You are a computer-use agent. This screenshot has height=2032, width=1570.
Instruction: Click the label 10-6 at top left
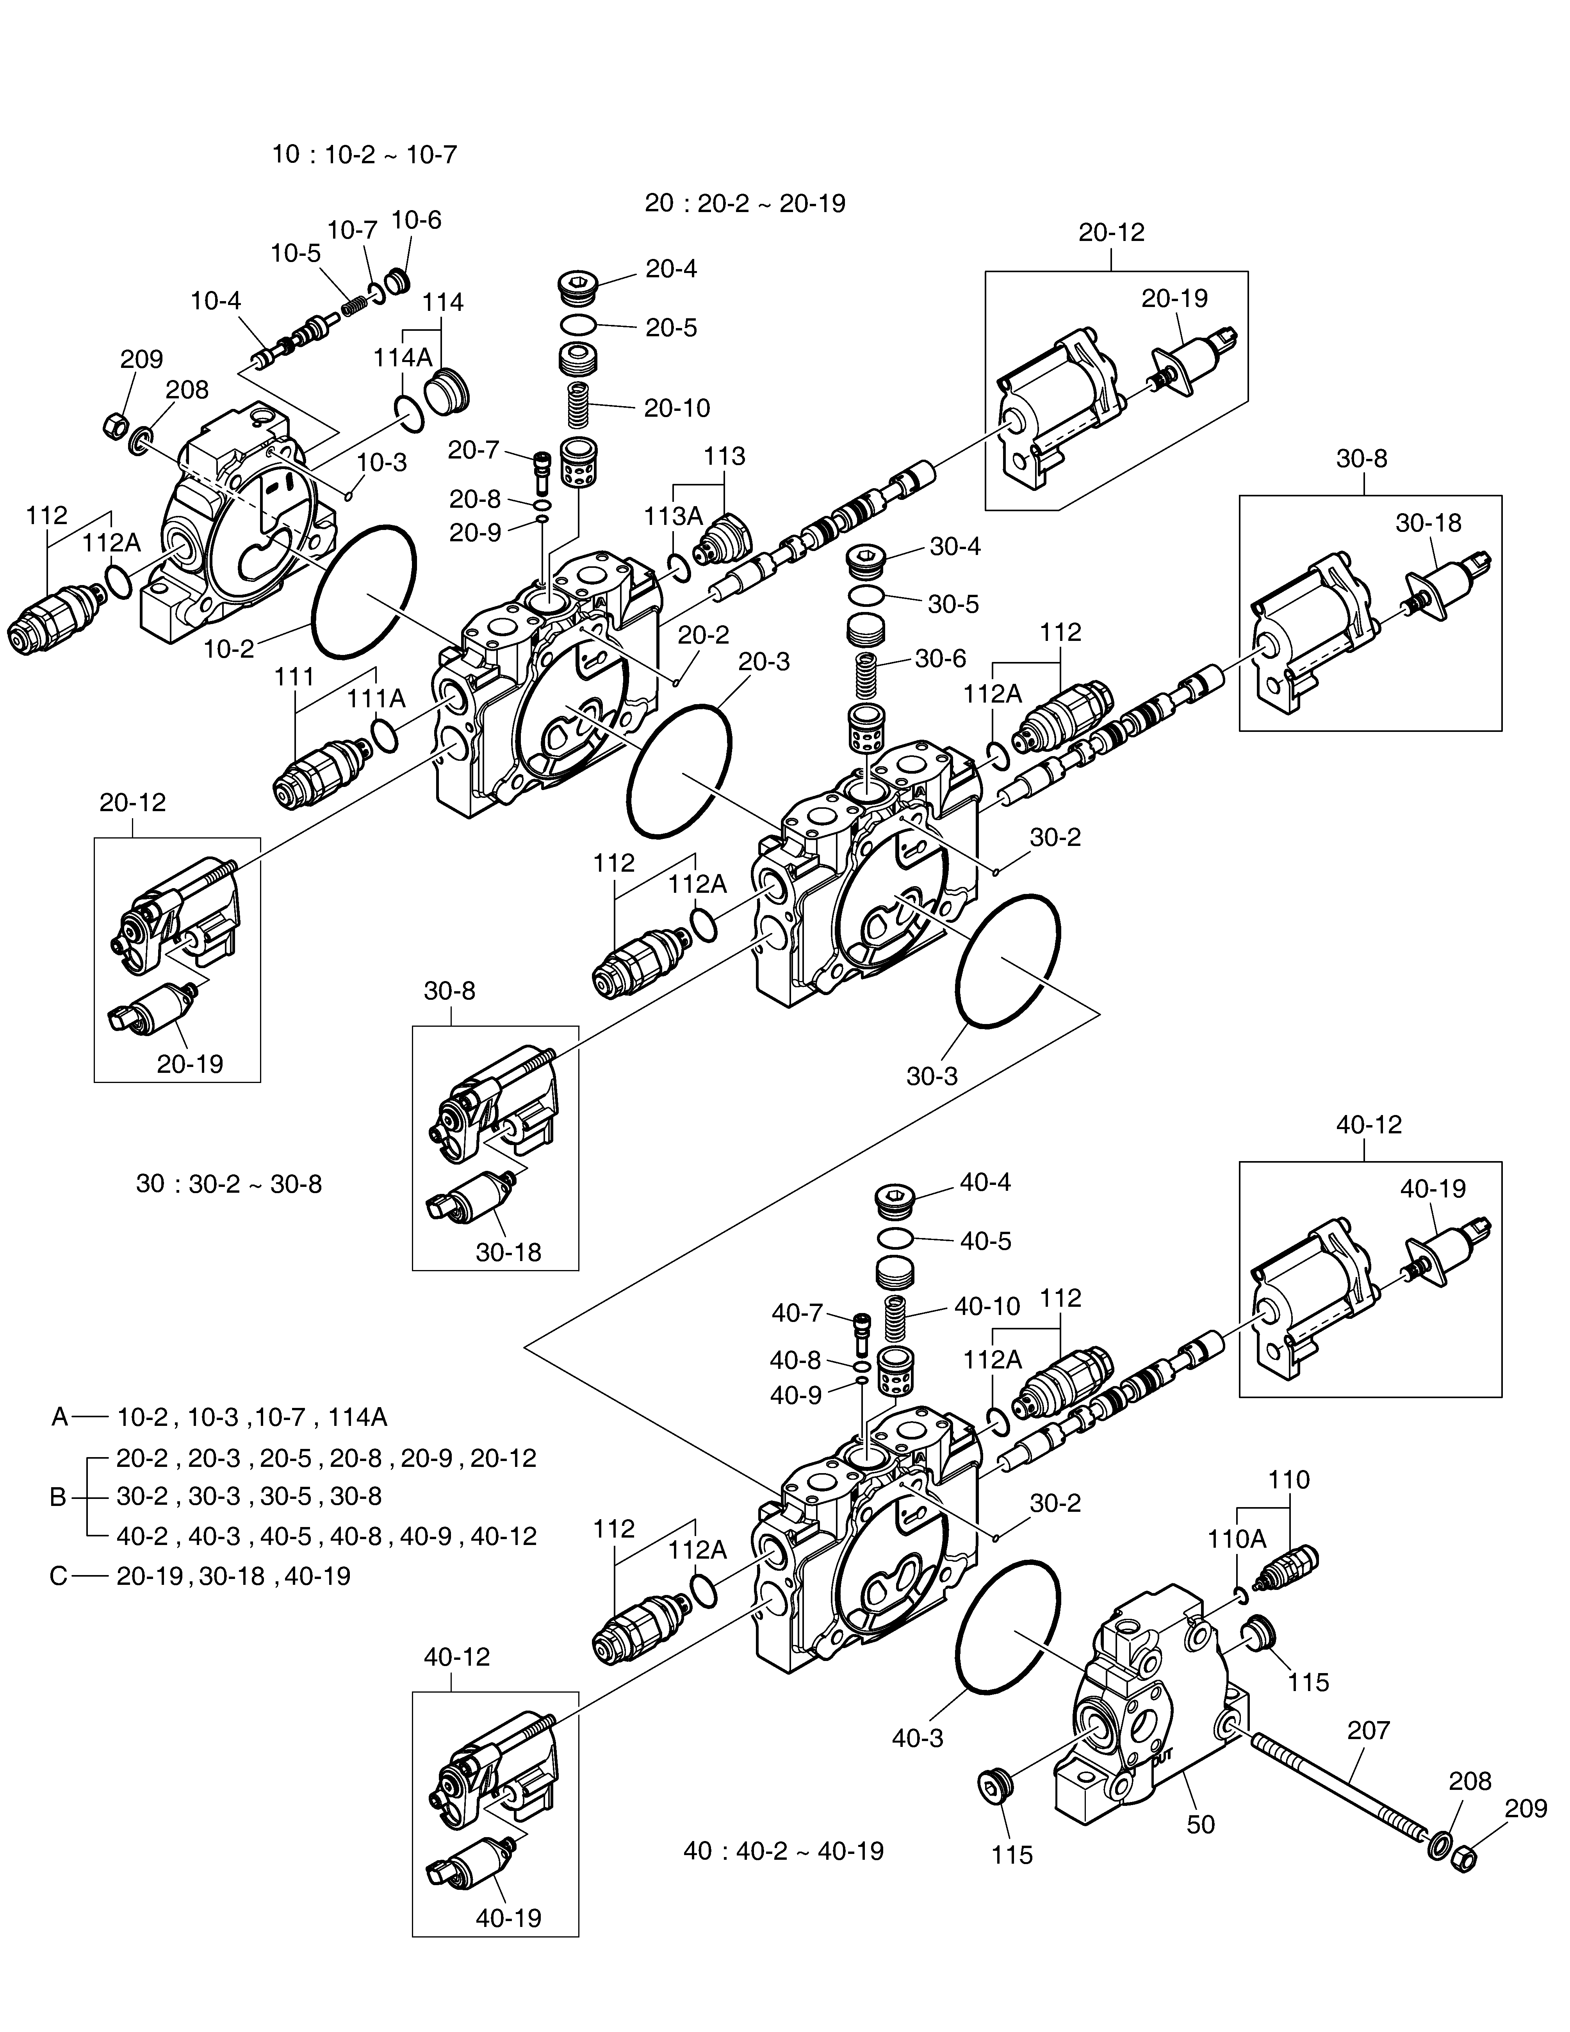pyautogui.click(x=416, y=221)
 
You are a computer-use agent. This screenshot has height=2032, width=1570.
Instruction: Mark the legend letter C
pyautogui.click(x=59, y=1576)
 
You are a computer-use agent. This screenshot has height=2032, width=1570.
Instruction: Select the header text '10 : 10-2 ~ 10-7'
pyautogui.click(x=365, y=154)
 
